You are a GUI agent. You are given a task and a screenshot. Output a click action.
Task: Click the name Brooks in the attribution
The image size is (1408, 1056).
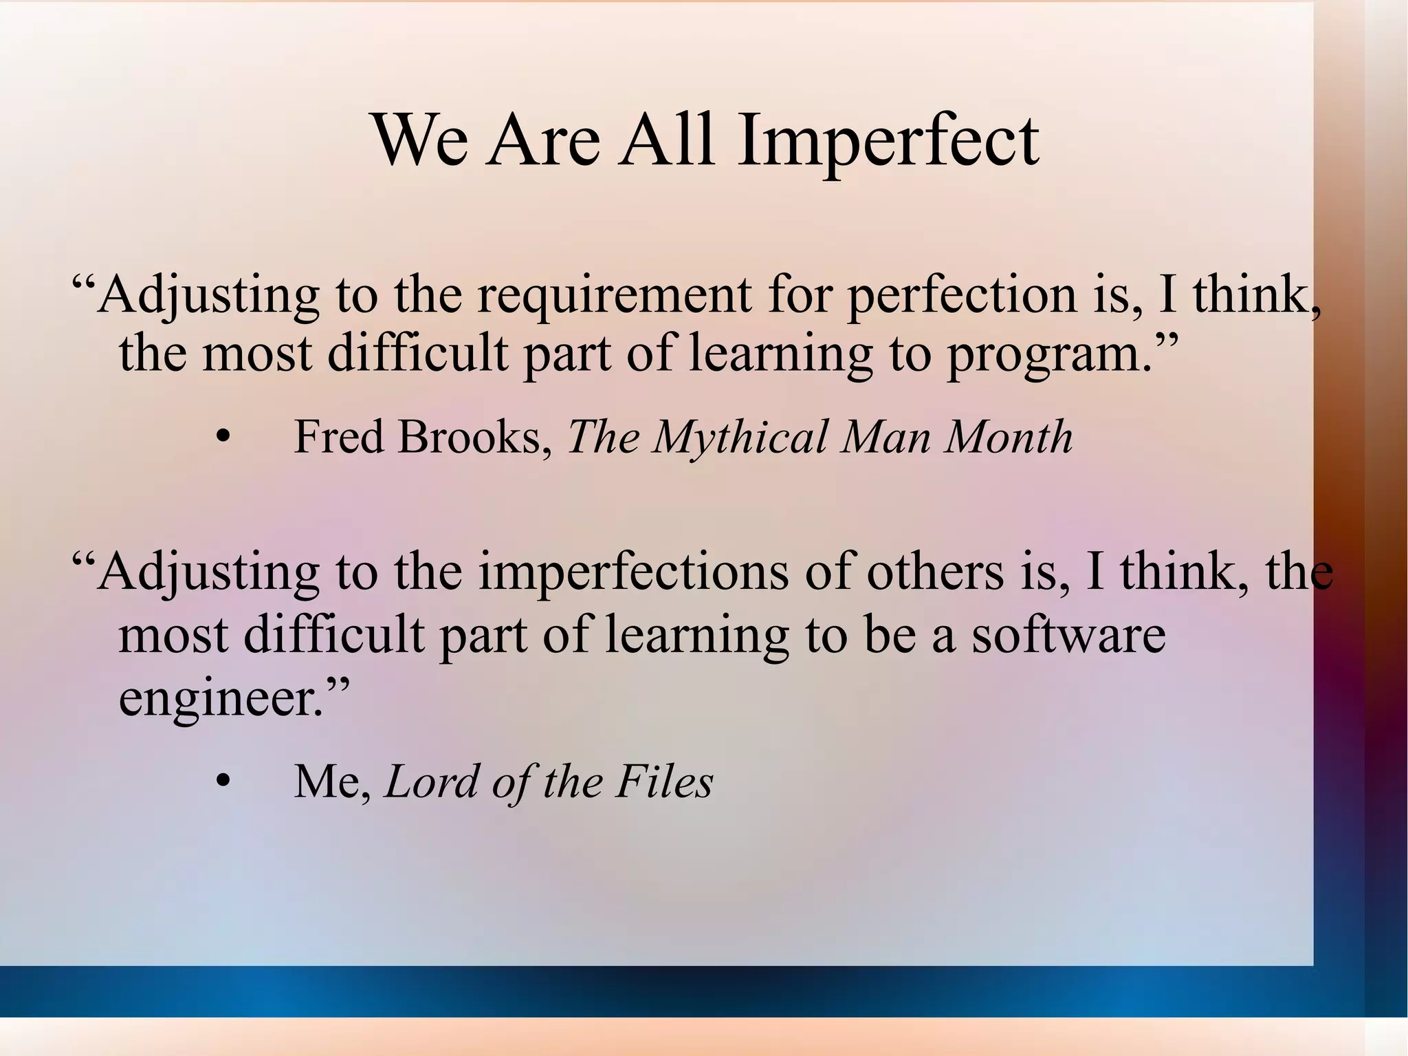tap(475, 438)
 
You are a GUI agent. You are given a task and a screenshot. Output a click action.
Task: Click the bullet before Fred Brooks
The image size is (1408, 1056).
tap(221, 438)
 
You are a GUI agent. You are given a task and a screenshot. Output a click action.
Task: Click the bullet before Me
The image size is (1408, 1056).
tap(221, 782)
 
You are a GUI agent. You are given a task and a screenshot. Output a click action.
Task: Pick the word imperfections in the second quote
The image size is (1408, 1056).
tap(632, 573)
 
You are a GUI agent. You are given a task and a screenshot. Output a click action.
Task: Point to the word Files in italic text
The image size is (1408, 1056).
tap(664, 782)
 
